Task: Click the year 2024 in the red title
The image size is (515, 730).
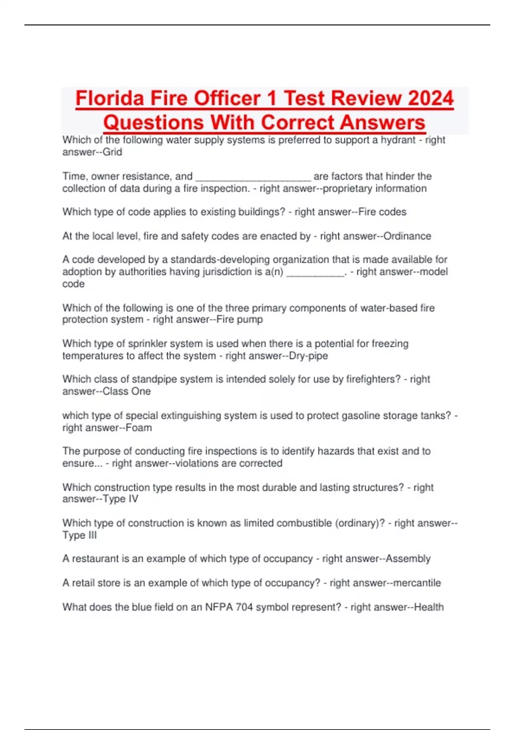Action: (430, 98)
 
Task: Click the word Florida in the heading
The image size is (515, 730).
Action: (110, 98)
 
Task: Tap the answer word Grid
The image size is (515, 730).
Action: (112, 152)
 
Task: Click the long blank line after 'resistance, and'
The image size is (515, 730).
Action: (253, 177)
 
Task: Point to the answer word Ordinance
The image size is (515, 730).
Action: (407, 236)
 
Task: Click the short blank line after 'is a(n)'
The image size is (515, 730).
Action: (315, 272)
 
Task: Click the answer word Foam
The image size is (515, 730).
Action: (139, 428)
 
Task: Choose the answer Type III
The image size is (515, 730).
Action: (80, 535)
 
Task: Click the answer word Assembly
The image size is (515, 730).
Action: (408, 559)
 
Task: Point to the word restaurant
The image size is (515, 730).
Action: (95, 559)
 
